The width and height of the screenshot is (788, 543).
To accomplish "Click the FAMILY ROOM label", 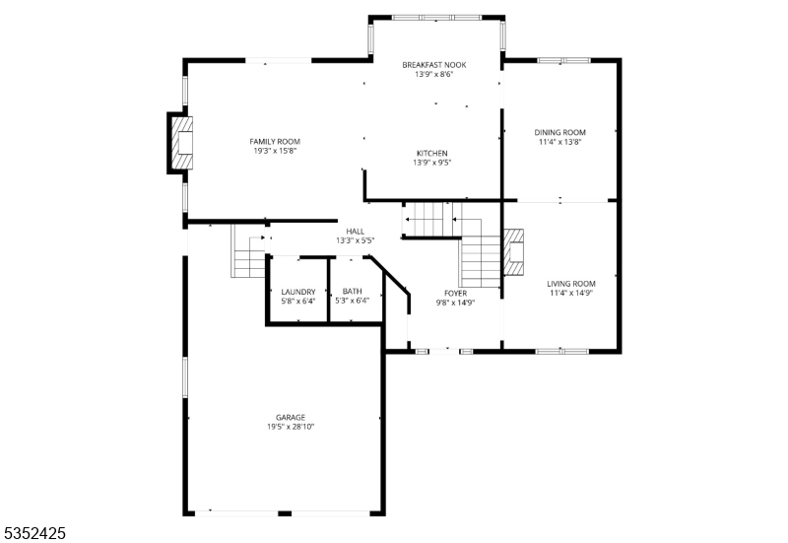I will coord(274,141).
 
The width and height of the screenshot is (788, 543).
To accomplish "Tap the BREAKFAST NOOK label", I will coord(433,65).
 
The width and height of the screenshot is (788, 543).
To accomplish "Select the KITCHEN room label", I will coord(431,153).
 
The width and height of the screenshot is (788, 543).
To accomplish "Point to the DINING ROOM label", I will coord(559,132).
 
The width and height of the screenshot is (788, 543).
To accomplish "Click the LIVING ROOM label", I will coord(571,283).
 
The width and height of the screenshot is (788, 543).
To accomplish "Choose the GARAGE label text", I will coord(290,417).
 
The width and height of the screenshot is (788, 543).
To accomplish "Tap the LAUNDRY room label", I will coord(297,292).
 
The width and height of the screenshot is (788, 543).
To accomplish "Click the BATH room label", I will coord(352,292).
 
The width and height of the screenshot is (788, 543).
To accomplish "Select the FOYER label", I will coord(455,293).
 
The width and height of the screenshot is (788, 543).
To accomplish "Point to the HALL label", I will coord(355,231).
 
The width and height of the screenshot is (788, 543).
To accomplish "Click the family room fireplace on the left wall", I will coord(180,144).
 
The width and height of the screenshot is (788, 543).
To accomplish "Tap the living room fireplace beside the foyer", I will coord(513,251).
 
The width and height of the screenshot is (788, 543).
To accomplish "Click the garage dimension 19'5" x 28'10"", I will coord(290,427).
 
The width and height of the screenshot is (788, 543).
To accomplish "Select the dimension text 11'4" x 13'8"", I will coord(559,142).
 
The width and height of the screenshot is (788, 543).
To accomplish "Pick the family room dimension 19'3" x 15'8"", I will coord(274,151).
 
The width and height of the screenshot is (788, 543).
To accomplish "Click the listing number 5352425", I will coord(35,532).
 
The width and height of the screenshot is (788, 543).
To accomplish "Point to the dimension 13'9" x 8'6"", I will coord(433,75).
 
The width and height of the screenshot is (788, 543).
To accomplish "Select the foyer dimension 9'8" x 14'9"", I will coord(455,303).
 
